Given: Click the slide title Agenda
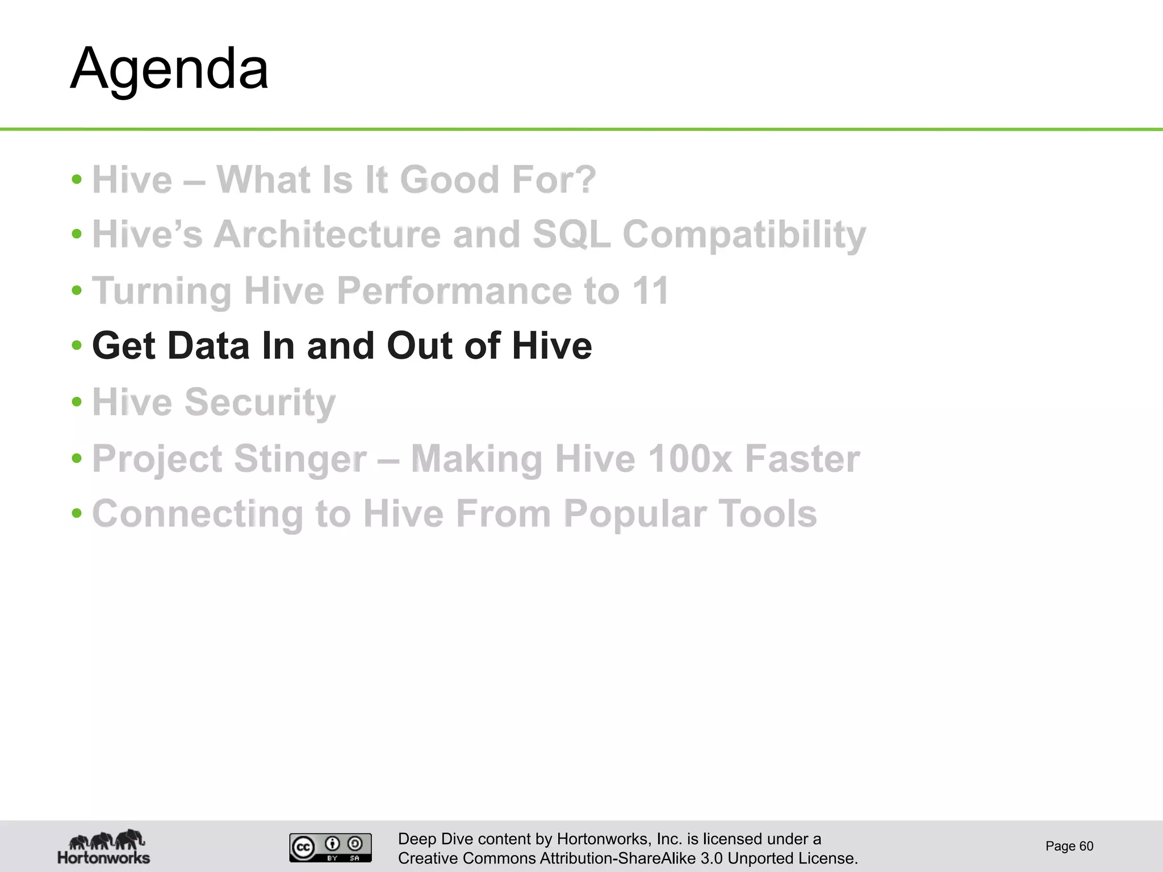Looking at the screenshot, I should (x=169, y=69).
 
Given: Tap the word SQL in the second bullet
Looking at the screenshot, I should (x=571, y=234).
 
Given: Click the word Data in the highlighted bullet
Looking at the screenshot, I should (x=208, y=346).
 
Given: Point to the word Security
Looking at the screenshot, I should (x=260, y=403).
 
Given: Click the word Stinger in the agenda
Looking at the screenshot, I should (x=300, y=459).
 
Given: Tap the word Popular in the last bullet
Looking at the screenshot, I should (x=635, y=514).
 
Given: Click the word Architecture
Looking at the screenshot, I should (x=327, y=234).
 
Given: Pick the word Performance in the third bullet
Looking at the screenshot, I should (x=454, y=291).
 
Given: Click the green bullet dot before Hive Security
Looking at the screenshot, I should (x=77, y=402).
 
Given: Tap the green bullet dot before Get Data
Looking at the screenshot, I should (x=77, y=345).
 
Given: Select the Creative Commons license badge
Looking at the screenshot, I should (x=330, y=848).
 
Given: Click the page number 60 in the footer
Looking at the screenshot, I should (x=1086, y=846).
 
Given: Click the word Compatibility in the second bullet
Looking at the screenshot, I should (x=744, y=234).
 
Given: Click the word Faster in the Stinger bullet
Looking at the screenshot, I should (x=802, y=459).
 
